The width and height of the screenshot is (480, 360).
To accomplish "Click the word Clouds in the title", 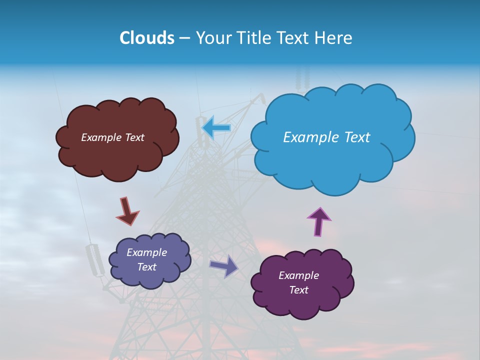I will click(x=147, y=38).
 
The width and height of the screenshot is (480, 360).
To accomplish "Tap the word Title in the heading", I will click(x=254, y=38).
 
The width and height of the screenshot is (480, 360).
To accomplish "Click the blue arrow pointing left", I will click(x=216, y=128).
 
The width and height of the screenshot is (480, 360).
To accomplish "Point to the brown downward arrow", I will click(x=127, y=211).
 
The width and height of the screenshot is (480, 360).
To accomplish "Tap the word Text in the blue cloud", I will click(x=353, y=137).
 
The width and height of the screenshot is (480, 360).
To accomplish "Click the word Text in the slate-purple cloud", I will click(x=146, y=267).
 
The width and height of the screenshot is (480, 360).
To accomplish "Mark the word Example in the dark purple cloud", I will click(x=298, y=275).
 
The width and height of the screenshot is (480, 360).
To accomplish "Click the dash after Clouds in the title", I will click(x=184, y=38).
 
